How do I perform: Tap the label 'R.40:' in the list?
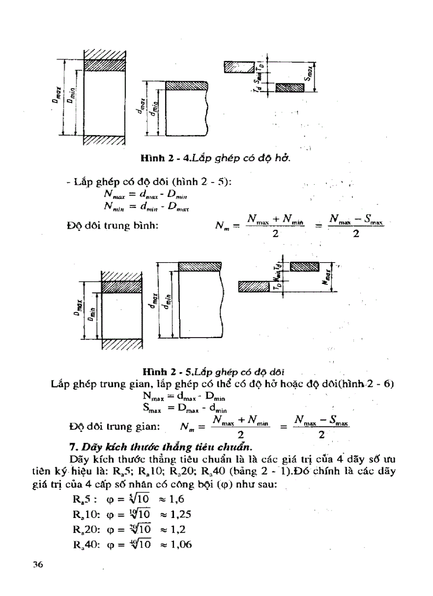[x=81, y=544]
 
